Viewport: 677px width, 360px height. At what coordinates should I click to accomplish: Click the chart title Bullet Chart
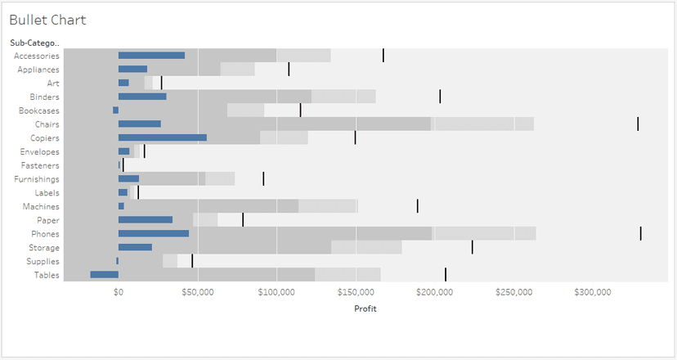click(x=47, y=20)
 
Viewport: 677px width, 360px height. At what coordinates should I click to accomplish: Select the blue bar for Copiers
click(x=162, y=137)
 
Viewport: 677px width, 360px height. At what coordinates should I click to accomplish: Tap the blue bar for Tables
click(x=104, y=275)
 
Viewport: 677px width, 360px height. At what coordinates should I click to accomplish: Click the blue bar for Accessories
click(x=151, y=56)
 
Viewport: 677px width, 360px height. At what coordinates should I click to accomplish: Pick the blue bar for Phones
click(x=153, y=234)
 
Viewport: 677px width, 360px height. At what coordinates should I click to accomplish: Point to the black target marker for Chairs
click(x=638, y=124)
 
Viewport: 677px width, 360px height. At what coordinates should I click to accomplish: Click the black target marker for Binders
click(x=440, y=97)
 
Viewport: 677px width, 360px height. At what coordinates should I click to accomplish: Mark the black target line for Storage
click(x=472, y=247)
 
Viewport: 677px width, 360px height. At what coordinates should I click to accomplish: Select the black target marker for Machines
click(x=417, y=206)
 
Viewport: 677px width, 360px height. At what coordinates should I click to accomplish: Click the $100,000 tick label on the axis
click(x=276, y=292)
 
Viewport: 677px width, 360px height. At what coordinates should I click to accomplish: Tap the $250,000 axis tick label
click(x=513, y=292)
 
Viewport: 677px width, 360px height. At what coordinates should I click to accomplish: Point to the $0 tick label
click(x=119, y=292)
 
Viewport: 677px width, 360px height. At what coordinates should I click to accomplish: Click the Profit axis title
click(x=365, y=308)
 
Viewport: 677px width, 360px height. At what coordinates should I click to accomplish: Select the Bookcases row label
click(x=38, y=110)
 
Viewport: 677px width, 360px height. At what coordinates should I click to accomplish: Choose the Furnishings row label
click(x=37, y=179)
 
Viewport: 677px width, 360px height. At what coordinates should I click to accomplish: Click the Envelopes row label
click(x=39, y=151)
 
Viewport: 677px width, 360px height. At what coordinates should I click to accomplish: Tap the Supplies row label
click(x=42, y=261)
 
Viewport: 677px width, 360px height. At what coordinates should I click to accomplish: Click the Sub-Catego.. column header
click(x=34, y=43)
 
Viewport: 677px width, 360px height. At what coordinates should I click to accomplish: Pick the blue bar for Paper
click(x=146, y=220)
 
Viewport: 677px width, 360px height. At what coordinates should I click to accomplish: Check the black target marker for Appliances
click(x=289, y=70)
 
